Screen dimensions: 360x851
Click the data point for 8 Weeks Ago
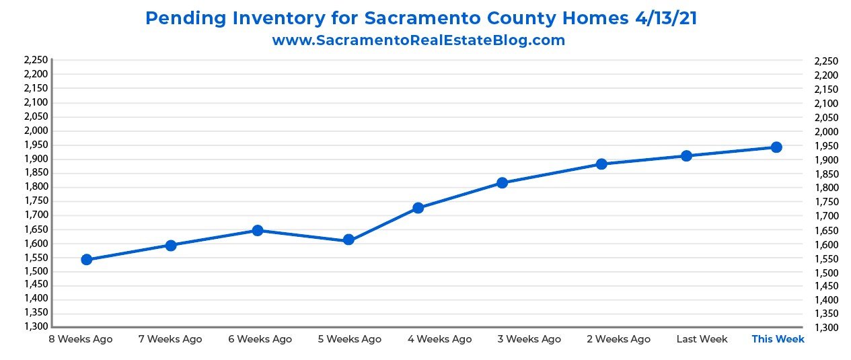(x=86, y=259)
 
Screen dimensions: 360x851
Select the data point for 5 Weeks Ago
(x=348, y=240)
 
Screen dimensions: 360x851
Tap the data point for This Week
(x=776, y=147)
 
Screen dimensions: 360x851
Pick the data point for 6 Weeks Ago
(x=257, y=230)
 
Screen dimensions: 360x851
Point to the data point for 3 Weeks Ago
(x=502, y=182)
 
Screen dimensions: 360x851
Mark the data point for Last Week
(x=686, y=155)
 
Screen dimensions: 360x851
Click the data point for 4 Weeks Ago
(x=418, y=208)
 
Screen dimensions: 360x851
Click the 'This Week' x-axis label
(x=778, y=339)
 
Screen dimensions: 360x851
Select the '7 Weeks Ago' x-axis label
(x=170, y=339)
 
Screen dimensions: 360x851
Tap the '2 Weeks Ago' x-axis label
(x=618, y=339)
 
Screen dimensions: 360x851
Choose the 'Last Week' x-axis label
(x=702, y=339)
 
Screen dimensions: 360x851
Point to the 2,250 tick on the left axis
(x=36, y=61)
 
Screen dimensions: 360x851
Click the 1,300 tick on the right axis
(x=825, y=327)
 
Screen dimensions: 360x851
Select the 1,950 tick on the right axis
(x=825, y=146)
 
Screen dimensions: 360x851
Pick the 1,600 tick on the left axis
(x=36, y=243)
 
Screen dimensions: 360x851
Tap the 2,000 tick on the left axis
(x=36, y=131)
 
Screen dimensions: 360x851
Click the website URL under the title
(x=418, y=40)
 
